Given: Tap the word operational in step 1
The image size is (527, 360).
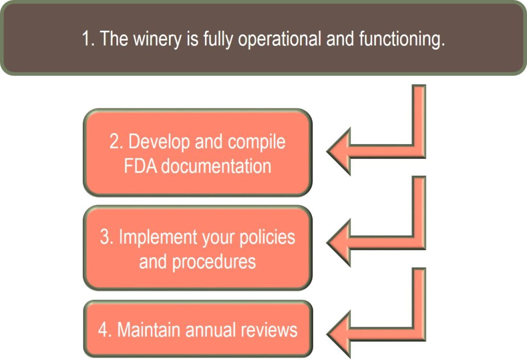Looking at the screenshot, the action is (279, 39).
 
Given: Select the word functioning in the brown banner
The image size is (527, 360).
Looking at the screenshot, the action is (402, 39).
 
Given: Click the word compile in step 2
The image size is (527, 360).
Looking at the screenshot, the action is (257, 142).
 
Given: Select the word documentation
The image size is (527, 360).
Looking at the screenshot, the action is (216, 166).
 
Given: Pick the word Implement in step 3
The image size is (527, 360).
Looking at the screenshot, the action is (159, 238).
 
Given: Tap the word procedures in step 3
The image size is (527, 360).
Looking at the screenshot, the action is (214, 262).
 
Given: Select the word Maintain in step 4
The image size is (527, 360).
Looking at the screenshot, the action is (149, 330).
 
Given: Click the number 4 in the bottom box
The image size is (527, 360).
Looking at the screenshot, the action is (104, 330).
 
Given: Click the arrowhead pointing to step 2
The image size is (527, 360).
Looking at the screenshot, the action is (339, 151).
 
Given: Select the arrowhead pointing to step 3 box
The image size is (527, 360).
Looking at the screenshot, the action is (339, 242).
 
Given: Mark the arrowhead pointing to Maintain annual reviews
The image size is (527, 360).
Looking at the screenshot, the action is (339, 334).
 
